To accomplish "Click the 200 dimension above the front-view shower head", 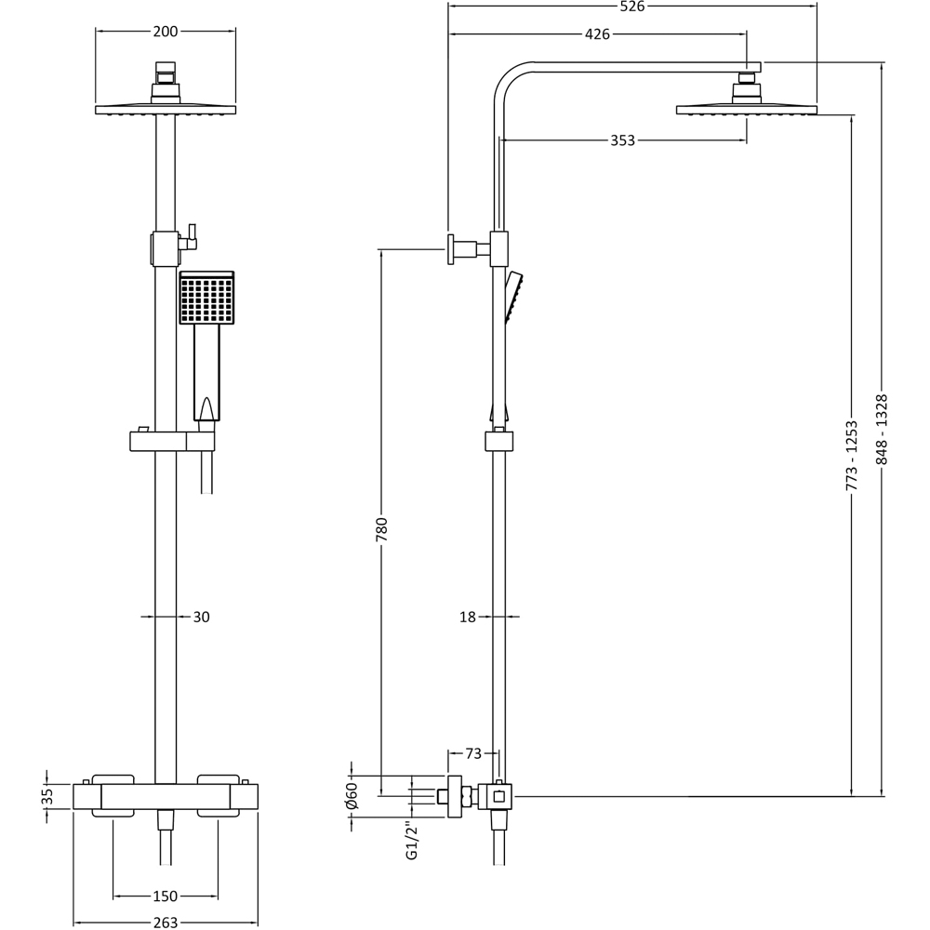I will coord(166,32).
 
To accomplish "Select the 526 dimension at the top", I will coord(632,7).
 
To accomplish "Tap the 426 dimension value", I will coord(597,34).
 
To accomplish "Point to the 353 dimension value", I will coord(622,140).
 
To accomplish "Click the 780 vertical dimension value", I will coord(381,529).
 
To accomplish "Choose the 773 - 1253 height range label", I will coord(852,456).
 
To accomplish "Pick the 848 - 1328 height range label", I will coord(882,430).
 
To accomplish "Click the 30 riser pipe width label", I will coord(201,617).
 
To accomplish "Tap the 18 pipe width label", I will coord(468,617).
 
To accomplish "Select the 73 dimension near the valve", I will coord(473,753).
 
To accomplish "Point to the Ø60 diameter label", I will coord(352,796).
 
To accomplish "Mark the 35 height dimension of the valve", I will coord(47,797).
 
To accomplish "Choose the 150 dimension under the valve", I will coord(166,897).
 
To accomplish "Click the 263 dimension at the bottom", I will coord(166,923).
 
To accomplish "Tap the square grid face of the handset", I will coord(206,299).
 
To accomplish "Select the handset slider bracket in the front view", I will coord(172,440).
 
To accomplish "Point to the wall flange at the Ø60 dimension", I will coord(455,796).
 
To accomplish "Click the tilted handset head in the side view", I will coord(513,296).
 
